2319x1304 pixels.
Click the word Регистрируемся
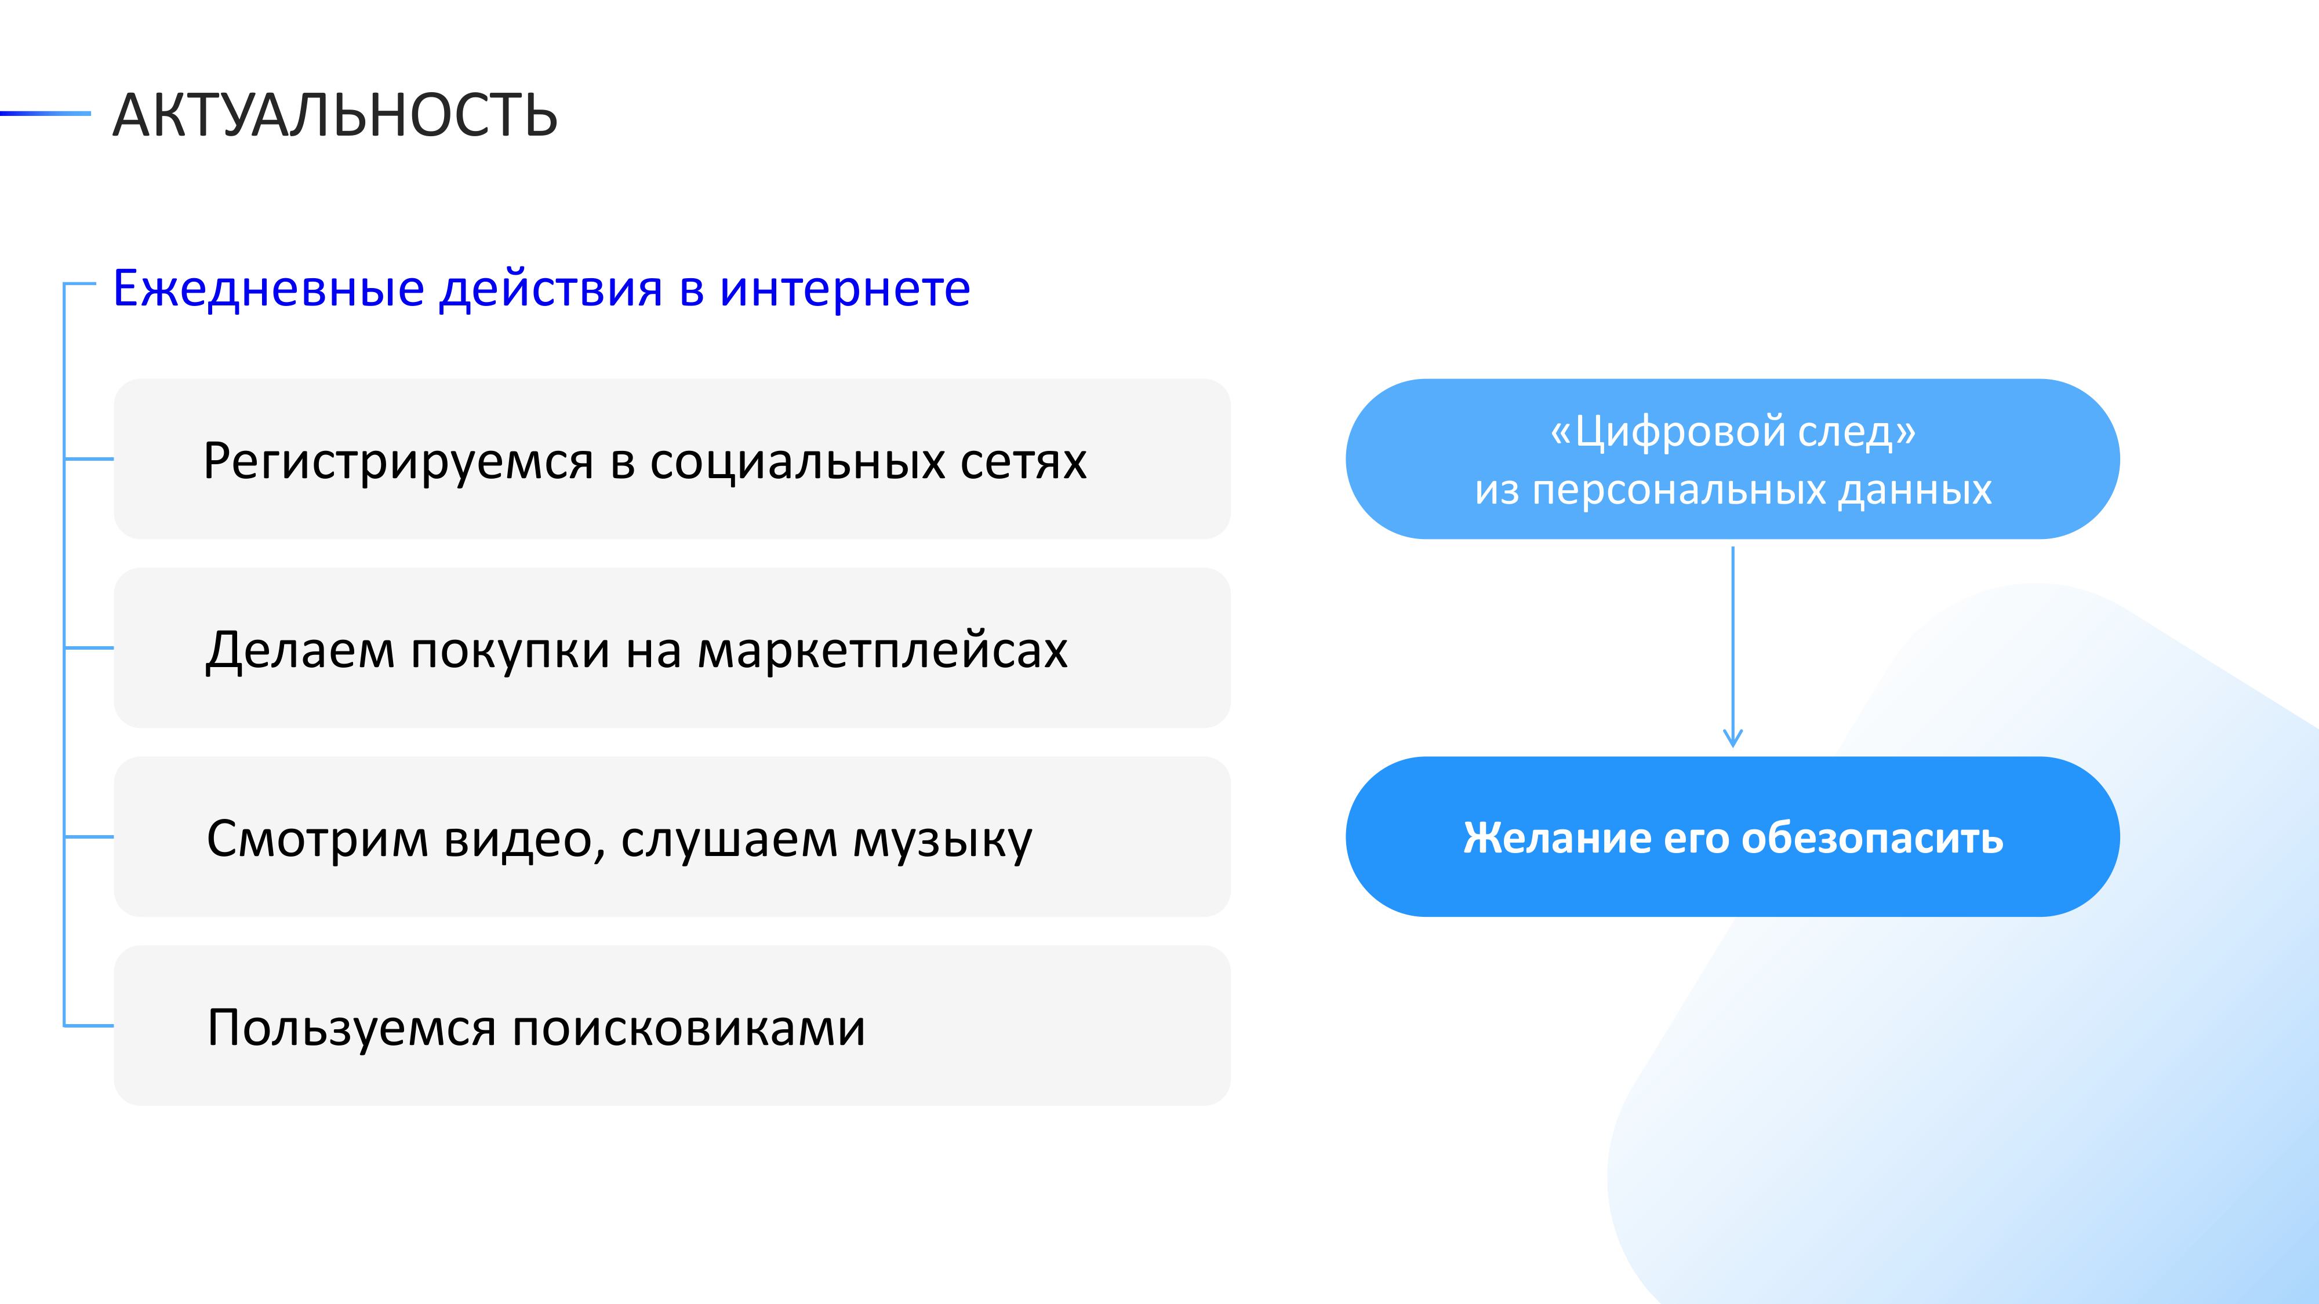[399, 462]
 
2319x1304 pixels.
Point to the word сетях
[1024, 462]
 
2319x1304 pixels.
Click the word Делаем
[301, 650]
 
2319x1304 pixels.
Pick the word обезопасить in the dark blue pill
[1873, 839]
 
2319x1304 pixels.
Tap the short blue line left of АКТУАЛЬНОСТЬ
[45, 114]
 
